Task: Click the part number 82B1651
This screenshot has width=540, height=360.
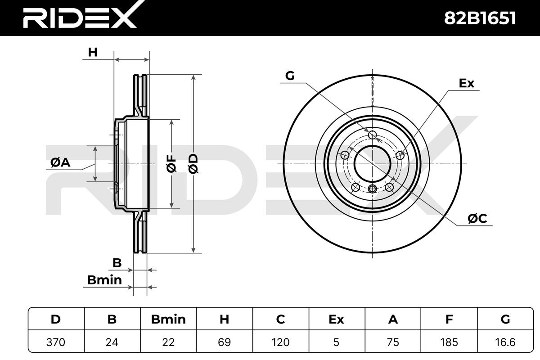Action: click(x=480, y=18)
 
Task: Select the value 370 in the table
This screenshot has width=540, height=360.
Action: click(x=56, y=342)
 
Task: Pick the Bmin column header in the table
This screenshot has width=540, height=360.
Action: click(x=168, y=319)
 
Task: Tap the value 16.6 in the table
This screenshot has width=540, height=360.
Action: click(x=505, y=342)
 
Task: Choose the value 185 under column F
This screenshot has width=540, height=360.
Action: click(x=449, y=342)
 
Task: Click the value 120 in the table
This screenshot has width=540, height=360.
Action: click(x=280, y=342)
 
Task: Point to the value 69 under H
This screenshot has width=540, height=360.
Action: click(x=224, y=342)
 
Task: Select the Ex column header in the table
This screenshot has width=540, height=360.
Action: click(x=336, y=319)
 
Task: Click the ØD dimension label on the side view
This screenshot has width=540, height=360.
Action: click(x=193, y=164)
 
